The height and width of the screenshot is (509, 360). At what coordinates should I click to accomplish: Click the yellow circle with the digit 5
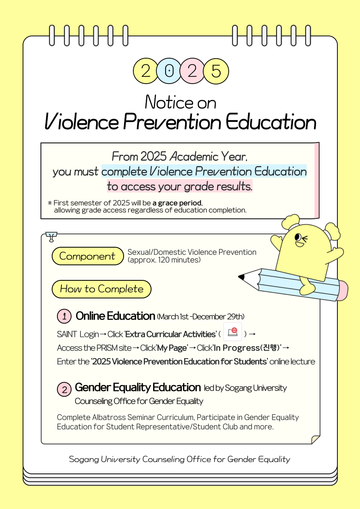pos(216,71)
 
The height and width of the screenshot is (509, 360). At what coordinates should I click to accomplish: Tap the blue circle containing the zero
pos(169,71)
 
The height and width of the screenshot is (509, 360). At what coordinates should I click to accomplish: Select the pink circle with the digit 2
pos(192,71)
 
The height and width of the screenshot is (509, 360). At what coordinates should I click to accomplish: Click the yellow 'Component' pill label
pos(87,256)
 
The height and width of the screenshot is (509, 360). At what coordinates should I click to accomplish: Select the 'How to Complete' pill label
pos(101,289)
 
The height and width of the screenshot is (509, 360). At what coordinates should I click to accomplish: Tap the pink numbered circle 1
pos(64,316)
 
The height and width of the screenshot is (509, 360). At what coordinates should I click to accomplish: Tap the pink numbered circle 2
pos(64,389)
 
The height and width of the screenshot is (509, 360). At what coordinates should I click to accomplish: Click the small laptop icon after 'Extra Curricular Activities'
pos(232,332)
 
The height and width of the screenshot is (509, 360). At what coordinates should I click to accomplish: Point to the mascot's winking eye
pos(299,238)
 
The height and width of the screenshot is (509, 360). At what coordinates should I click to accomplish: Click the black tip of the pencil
pos(242,277)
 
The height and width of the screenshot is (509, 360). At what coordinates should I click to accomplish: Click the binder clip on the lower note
pos(51,236)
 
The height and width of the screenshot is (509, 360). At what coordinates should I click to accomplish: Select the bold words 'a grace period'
pos(177,203)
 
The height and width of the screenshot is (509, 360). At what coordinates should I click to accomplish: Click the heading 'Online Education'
pos(115,316)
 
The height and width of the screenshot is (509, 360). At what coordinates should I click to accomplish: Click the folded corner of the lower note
pos(315,439)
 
